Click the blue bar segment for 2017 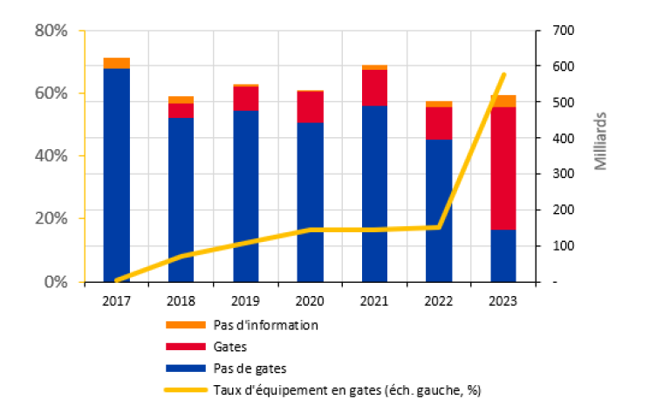pos(116,175)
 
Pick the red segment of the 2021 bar pos(374,87)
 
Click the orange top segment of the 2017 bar pos(116,63)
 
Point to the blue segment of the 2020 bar pos(310,202)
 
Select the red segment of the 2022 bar pos(439,123)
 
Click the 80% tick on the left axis pos(51,31)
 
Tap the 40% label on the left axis pos(51,156)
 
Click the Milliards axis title pos(601,140)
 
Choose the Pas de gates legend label pos(249,368)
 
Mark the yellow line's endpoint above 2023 pos(504,75)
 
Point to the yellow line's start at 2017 pos(116,280)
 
